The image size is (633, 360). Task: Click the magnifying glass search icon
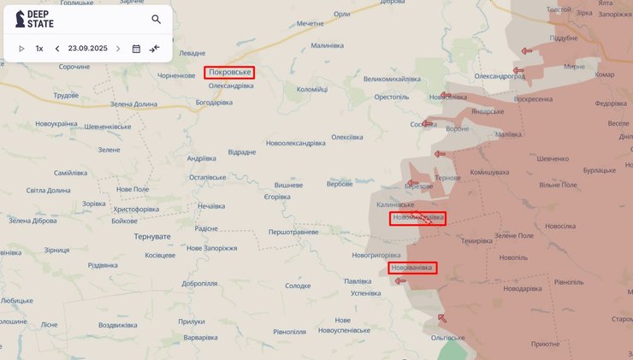point(156,19)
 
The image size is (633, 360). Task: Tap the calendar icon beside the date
point(136,49)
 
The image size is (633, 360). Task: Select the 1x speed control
point(39,49)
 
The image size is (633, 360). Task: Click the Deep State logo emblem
point(20,19)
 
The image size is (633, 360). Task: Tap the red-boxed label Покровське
point(228,72)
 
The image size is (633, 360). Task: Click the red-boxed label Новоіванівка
point(411,268)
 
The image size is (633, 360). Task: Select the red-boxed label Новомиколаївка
point(417,218)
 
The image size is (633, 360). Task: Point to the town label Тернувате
point(152,236)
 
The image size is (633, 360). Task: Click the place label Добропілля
point(199,283)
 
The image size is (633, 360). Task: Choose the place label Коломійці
point(311,89)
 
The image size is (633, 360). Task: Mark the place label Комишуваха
point(490,173)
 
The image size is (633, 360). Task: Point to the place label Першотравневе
point(293,232)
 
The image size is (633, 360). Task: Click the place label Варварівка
point(201,337)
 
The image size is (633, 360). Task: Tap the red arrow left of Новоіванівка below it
point(400,280)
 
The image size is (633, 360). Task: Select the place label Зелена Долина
point(134,104)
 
